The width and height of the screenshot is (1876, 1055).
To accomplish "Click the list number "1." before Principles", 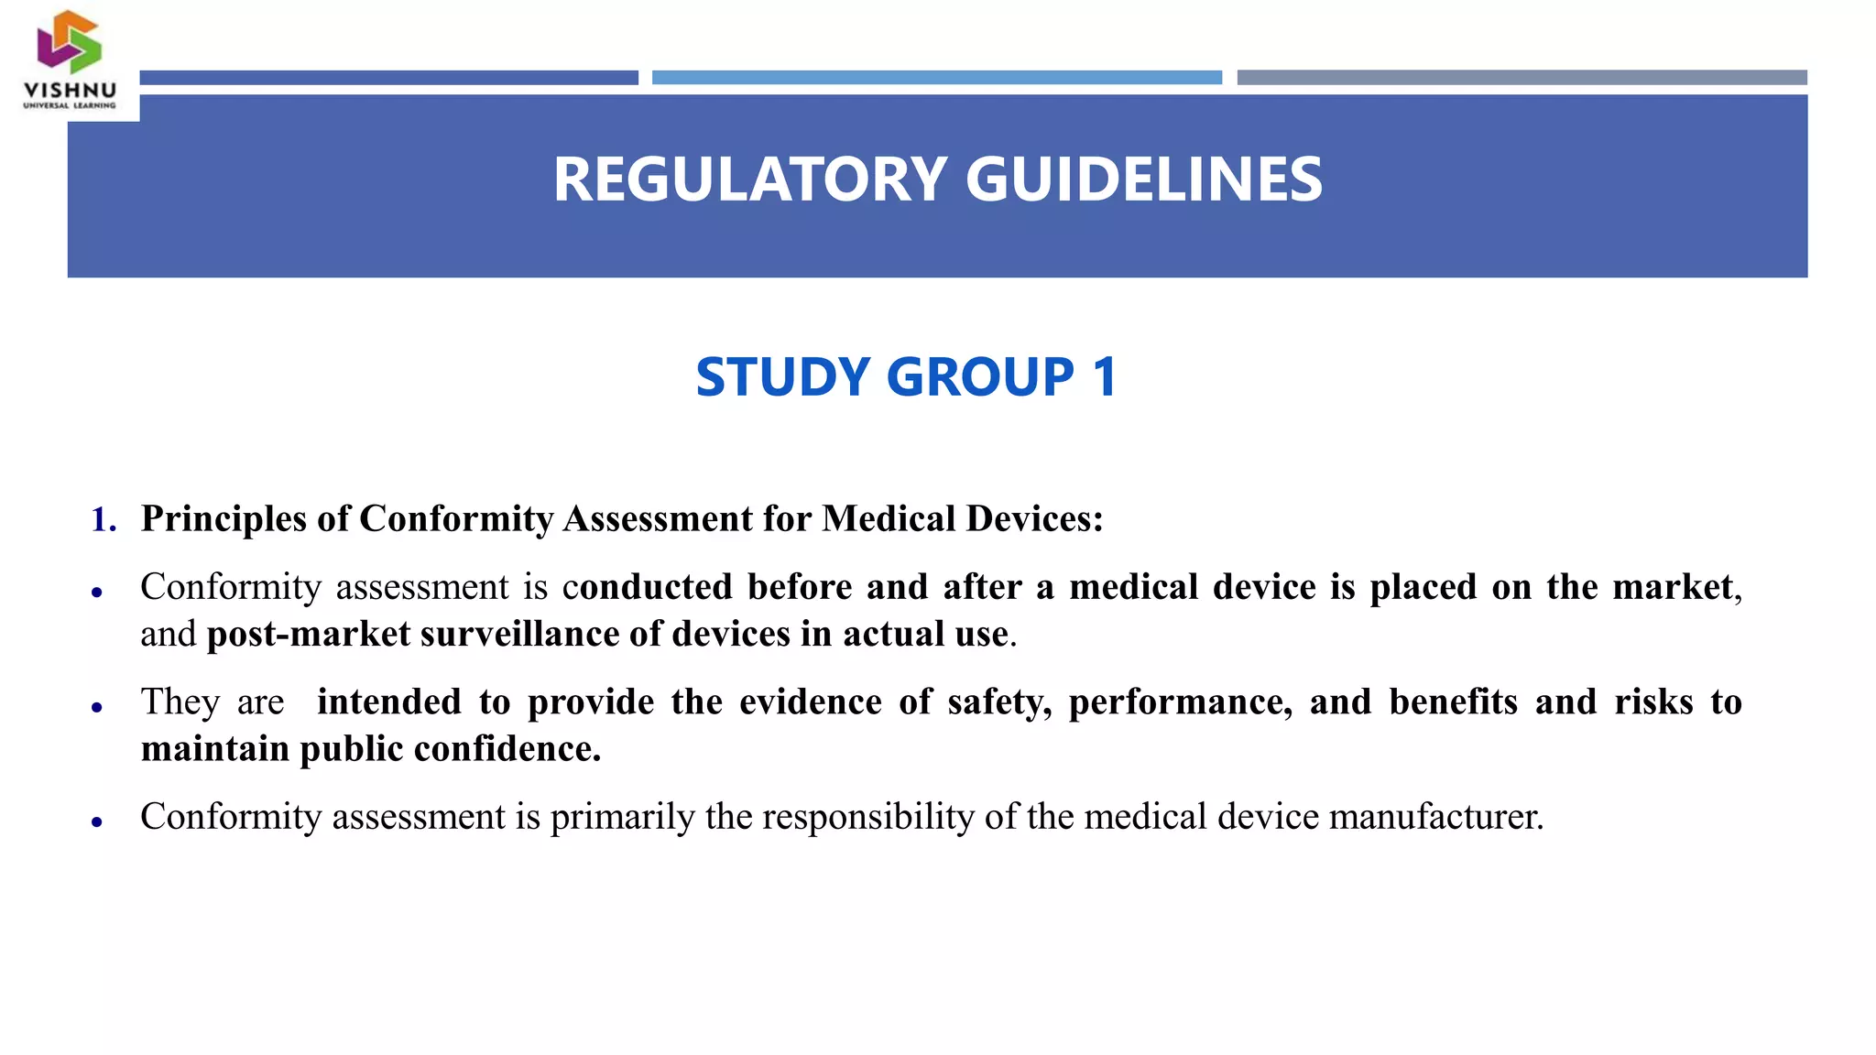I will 104,519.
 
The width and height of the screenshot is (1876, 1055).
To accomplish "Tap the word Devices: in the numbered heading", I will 1034,519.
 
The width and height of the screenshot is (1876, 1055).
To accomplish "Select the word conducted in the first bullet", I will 648,587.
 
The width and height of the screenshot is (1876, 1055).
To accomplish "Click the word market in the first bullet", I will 1673,587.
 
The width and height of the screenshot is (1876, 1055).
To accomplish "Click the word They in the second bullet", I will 180,702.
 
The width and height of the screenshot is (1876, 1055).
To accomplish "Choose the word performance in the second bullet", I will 1180,702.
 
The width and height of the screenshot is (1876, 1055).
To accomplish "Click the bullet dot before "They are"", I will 97,707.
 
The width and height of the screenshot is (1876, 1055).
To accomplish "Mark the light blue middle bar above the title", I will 936,78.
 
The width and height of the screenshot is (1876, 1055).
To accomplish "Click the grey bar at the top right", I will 1522,78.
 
